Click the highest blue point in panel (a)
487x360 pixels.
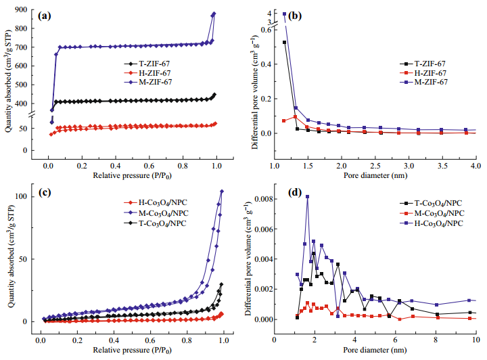point(214,14)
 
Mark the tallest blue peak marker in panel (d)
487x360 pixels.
point(308,197)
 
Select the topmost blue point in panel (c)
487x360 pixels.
point(222,192)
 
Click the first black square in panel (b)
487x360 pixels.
point(285,43)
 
